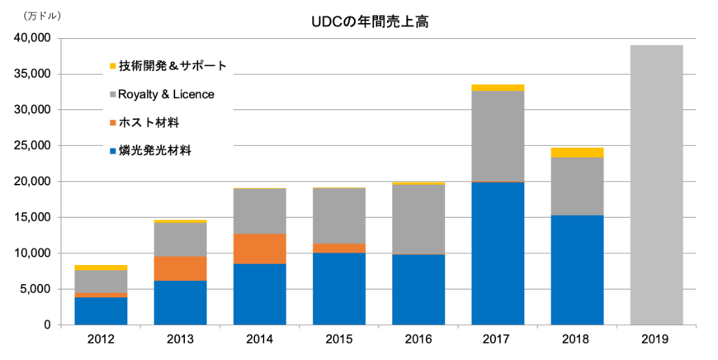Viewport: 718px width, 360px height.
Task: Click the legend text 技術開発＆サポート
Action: coord(172,66)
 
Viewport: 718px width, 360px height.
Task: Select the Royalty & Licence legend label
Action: coord(166,94)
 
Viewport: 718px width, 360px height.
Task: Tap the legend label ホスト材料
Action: coord(149,122)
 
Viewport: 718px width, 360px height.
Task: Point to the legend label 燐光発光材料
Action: coord(154,150)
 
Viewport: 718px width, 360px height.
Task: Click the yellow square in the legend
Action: coord(112,66)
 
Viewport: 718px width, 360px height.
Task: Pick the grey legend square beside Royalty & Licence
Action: coord(112,94)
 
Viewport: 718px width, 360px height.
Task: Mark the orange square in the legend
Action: coord(112,123)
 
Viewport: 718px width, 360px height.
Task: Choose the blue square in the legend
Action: coord(112,151)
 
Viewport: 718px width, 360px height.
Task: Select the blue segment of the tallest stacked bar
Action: coord(497,253)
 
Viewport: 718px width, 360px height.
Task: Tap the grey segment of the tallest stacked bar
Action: coord(497,135)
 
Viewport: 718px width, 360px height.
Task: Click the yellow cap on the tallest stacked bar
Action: coord(497,87)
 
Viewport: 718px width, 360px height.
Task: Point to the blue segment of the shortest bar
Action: coord(101,310)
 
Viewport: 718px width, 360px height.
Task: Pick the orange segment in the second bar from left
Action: coord(180,268)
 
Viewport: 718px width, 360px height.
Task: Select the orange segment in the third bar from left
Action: coord(259,249)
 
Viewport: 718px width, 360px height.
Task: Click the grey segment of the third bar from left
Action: coord(259,211)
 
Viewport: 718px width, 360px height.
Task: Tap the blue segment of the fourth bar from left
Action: coord(338,288)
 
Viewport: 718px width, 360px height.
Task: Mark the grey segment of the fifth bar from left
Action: coord(418,219)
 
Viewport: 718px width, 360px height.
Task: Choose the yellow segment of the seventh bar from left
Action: coord(577,152)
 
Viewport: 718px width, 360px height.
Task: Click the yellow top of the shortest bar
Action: coord(101,267)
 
